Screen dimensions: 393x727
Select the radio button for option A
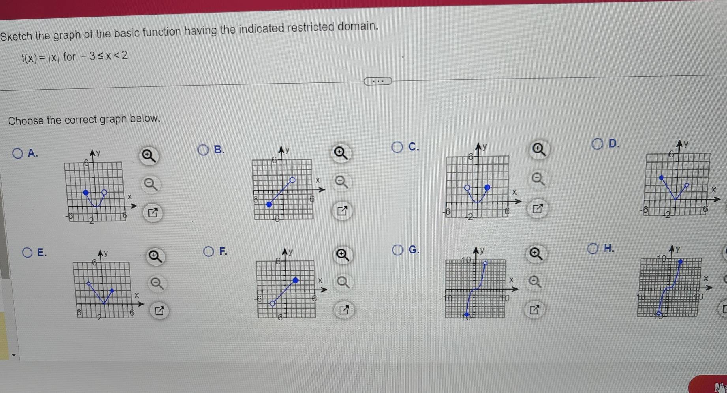[x=17, y=153]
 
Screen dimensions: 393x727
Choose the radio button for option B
[x=203, y=150]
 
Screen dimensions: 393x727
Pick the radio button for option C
[x=397, y=147]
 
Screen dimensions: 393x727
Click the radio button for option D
[x=597, y=144]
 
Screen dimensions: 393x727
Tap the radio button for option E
[x=27, y=253]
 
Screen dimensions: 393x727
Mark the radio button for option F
[x=209, y=251]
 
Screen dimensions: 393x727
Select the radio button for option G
[x=398, y=250]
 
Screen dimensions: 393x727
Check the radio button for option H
[x=592, y=248]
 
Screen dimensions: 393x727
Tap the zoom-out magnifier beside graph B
[x=341, y=182]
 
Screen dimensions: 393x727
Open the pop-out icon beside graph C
[x=537, y=208]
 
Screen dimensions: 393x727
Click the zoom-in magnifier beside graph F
[x=342, y=255]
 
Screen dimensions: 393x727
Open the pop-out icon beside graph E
[x=159, y=311]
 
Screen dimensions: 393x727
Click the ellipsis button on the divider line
[x=378, y=81]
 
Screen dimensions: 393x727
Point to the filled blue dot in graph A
[x=86, y=193]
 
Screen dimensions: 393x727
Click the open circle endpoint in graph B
[x=292, y=180]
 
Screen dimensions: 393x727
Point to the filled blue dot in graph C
[x=487, y=187]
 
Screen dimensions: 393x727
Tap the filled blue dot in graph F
[x=295, y=281]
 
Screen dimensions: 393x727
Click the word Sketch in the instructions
[x=16, y=36]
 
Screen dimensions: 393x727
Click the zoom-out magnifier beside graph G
[x=535, y=282]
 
